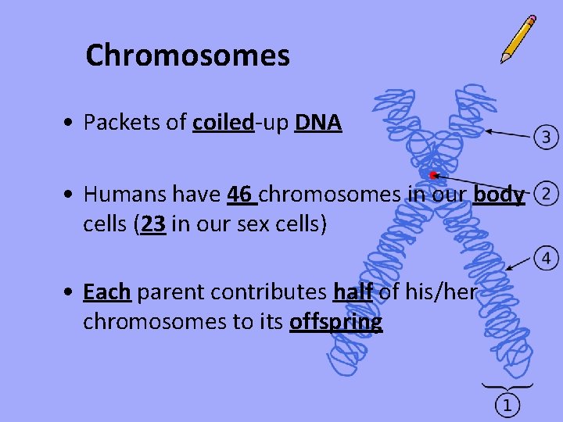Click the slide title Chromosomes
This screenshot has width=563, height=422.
click(x=188, y=55)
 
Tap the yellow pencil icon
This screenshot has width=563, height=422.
click(x=518, y=39)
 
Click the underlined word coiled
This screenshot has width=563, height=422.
click(x=223, y=123)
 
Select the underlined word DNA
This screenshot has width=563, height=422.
click(x=318, y=123)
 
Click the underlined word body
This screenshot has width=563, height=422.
click(x=499, y=194)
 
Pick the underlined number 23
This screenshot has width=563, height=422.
click(x=154, y=224)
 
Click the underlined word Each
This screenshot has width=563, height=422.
click(x=106, y=292)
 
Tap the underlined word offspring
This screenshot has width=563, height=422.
click(x=335, y=322)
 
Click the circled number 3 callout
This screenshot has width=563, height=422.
click(x=546, y=138)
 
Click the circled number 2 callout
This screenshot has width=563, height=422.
click(x=549, y=192)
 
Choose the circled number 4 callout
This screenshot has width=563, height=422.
click(x=546, y=257)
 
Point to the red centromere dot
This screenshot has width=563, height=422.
click(x=432, y=175)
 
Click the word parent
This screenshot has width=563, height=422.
click(x=167, y=292)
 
